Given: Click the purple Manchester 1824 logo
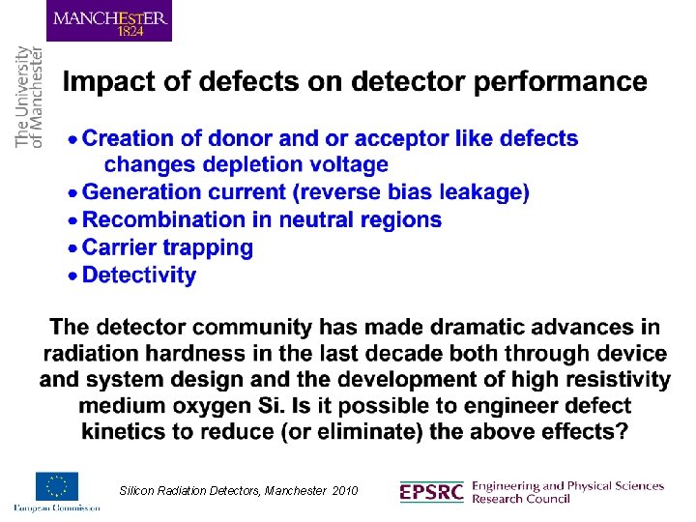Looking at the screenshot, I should pyautogui.click(x=109, y=21).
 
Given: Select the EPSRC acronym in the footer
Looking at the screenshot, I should pyautogui.click(x=431, y=492).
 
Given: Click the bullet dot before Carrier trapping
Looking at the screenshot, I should pyautogui.click(x=72, y=249).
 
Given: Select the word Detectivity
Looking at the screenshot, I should pyautogui.click(x=139, y=275).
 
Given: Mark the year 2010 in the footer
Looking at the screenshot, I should pyautogui.click(x=344, y=491).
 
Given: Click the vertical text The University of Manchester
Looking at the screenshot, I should pyautogui.click(x=29, y=97).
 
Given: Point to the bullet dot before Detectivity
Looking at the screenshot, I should pyautogui.click(x=72, y=276).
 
